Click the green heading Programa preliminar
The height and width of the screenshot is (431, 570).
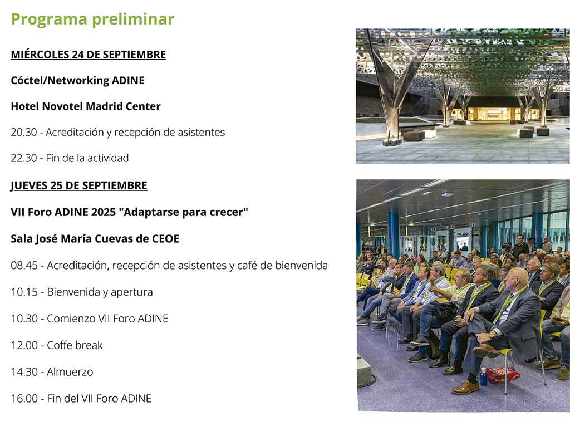pyautogui.click(x=93, y=19)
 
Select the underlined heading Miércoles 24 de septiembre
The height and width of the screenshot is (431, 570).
pyautogui.click(x=89, y=55)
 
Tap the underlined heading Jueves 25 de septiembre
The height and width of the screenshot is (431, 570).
pyautogui.click(x=79, y=185)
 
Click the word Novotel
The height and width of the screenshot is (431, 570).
pyautogui.click(x=62, y=106)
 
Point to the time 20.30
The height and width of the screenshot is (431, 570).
pyautogui.click(x=24, y=132)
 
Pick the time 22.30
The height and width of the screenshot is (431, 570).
pyautogui.click(x=24, y=158)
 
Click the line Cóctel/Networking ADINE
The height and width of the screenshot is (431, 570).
pyautogui.click(x=77, y=80)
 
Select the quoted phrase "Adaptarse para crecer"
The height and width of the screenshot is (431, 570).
pyautogui.click(x=183, y=212)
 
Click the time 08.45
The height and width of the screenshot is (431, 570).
pyautogui.click(x=24, y=265)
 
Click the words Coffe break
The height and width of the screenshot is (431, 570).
pyautogui.click(x=75, y=345)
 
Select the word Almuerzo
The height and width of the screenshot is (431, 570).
pyautogui.click(x=70, y=372)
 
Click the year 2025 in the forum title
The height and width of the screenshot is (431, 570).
pyautogui.click(x=103, y=212)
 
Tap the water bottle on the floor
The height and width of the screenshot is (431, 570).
pyautogui.click(x=483, y=376)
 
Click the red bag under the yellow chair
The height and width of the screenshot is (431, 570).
pyautogui.click(x=503, y=374)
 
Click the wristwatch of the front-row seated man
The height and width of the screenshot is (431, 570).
pyautogui.click(x=492, y=334)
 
